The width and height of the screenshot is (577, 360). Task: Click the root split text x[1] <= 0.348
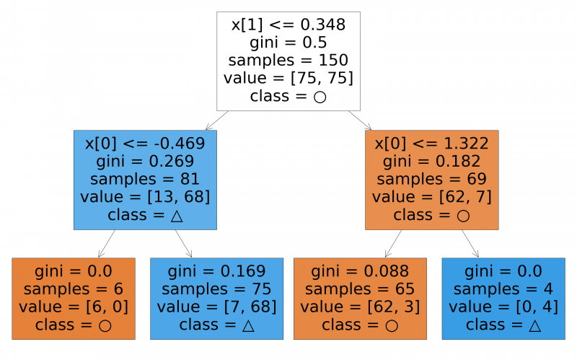pyautogui.click(x=288, y=25)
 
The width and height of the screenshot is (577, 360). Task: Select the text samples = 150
pyautogui.click(x=288, y=61)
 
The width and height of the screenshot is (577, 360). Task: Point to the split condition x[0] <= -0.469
pyautogui.click(x=145, y=143)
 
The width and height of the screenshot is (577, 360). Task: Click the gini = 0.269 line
pyautogui.click(x=145, y=161)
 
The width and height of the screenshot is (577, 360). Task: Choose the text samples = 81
pyautogui.click(x=145, y=179)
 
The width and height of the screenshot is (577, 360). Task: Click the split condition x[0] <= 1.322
pyautogui.click(x=431, y=143)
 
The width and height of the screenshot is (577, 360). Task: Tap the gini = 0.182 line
pyautogui.click(x=431, y=161)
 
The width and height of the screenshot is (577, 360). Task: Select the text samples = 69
pyautogui.click(x=431, y=179)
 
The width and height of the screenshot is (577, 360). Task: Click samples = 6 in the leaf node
pyautogui.click(x=74, y=289)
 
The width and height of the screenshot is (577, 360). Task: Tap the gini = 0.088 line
pyautogui.click(x=361, y=271)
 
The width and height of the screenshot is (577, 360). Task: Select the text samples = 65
pyautogui.click(x=361, y=289)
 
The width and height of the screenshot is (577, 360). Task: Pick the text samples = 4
pyautogui.click(x=503, y=289)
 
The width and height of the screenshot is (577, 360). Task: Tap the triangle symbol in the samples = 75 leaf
pyautogui.click(x=248, y=325)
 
